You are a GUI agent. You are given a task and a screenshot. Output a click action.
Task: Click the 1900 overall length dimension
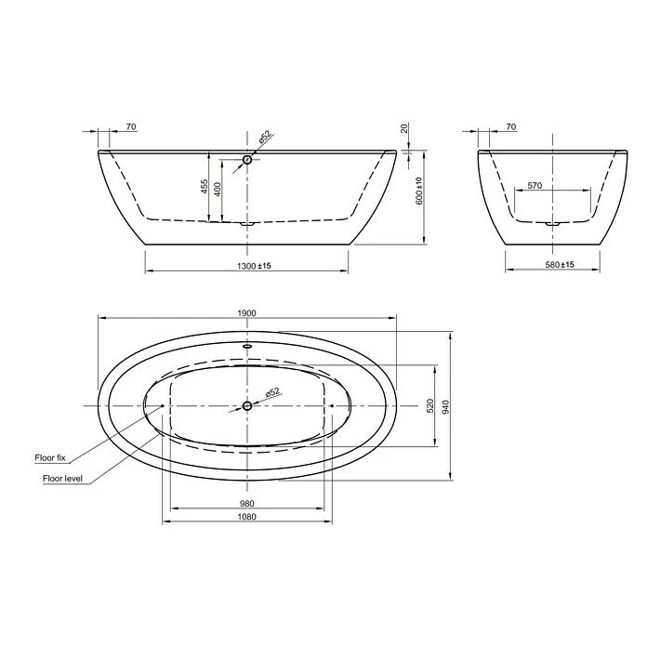tap(246, 313)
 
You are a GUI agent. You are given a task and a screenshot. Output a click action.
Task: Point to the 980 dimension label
tap(246, 504)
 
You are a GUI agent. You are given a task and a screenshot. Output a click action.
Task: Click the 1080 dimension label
tap(246, 518)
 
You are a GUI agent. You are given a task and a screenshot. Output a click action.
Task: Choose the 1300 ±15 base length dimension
tap(247, 266)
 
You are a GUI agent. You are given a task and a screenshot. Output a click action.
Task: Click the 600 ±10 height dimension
tap(418, 190)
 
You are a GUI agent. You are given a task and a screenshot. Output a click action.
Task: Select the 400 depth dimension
tap(218, 190)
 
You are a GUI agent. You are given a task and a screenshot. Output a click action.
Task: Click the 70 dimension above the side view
tap(130, 126)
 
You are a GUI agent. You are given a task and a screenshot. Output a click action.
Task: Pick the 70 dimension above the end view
tap(510, 126)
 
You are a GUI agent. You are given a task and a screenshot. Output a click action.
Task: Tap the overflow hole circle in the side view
tap(247, 160)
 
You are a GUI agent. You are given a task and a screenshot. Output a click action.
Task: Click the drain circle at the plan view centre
tap(247, 405)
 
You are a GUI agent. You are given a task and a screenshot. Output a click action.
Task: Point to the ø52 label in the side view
tap(264, 138)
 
